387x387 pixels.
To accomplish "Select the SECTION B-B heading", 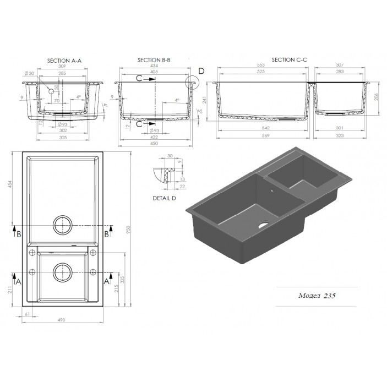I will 155,59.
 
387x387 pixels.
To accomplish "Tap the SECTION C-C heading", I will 290,59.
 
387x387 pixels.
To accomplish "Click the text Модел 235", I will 318,295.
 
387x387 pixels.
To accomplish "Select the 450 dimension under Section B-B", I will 155,143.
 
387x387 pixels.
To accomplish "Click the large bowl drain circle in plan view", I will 62,226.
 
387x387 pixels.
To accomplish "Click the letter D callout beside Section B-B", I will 201,71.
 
